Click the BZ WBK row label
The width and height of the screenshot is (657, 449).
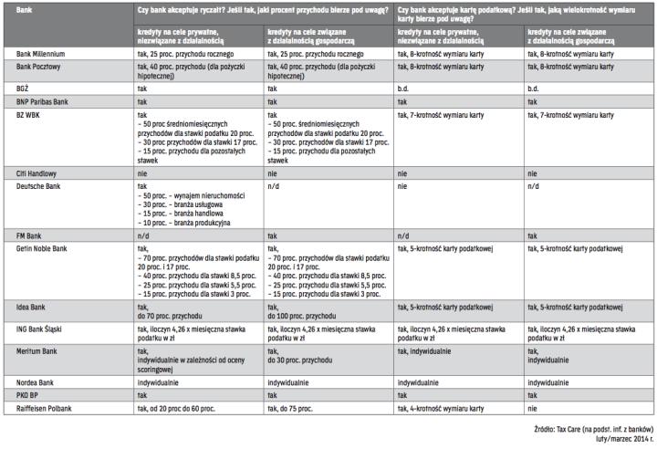[x=30, y=116]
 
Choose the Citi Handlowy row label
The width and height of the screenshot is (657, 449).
[x=36, y=172]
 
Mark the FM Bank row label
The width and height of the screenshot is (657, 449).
[x=30, y=235]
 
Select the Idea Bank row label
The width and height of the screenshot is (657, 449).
[x=33, y=306]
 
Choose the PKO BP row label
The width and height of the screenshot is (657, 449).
[x=29, y=395]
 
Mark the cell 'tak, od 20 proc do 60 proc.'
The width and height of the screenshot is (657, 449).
[x=182, y=408]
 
